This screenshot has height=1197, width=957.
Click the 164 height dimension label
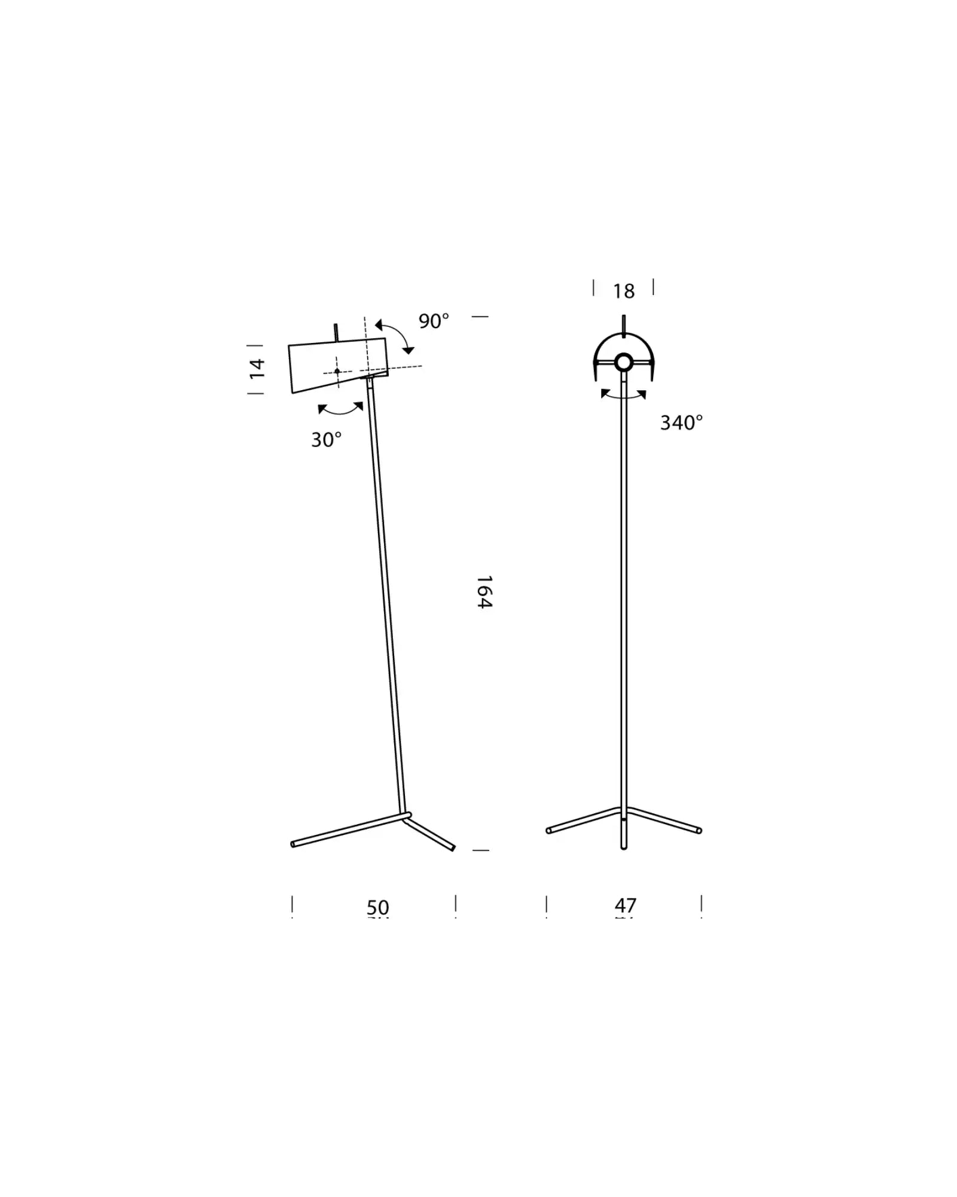tap(484, 592)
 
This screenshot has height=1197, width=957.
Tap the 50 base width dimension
tap(377, 907)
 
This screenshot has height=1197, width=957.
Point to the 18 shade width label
tap(623, 291)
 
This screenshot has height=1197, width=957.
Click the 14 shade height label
tap(257, 368)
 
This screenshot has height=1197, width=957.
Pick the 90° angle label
tap(433, 321)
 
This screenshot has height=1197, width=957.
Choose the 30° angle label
tap(326, 440)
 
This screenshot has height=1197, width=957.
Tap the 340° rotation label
tap(681, 423)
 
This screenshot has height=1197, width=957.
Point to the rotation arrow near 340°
tap(623, 396)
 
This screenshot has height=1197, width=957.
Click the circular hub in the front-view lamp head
tap(623, 362)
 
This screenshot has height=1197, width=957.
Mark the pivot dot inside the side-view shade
tap(337, 371)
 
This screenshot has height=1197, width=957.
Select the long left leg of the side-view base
tap(347, 830)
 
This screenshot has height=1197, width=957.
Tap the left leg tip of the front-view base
tap(549, 830)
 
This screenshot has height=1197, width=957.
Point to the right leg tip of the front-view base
tap(699, 830)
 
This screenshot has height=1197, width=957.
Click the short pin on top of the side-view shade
tap(336, 332)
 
